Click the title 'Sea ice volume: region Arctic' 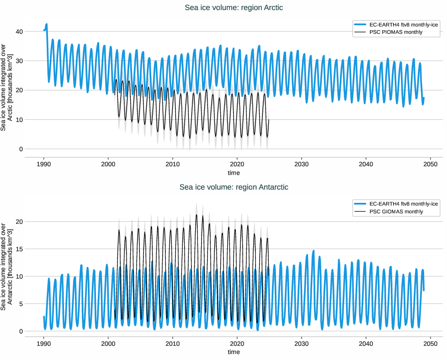[234, 7]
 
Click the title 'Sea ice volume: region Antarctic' [234, 187]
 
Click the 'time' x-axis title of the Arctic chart [234, 173]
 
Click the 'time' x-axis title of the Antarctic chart [234, 352]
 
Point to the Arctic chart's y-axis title [6, 87]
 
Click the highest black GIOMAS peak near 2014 [197, 215]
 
